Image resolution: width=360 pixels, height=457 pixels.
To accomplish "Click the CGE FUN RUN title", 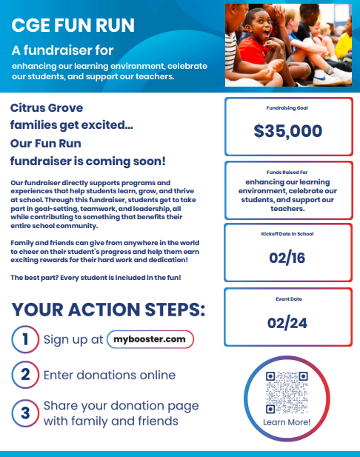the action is [73, 26].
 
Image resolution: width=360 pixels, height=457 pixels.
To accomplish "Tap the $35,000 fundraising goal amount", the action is [287, 131].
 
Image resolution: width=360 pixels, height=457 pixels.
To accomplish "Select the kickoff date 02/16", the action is [287, 258].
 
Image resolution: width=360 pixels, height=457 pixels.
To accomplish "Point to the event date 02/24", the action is [287, 322].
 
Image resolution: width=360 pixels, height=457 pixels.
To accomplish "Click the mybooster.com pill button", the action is [150, 339].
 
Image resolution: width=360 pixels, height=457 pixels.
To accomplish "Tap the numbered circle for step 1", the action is [24, 340].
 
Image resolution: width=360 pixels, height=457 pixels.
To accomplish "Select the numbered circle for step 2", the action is [24, 374].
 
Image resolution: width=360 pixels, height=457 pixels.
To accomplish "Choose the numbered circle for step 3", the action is [24, 413].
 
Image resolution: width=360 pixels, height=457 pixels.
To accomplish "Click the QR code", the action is [286, 392].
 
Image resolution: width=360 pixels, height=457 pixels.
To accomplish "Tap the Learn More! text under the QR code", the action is [286, 422].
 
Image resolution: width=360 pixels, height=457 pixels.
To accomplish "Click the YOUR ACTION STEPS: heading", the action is [108, 309].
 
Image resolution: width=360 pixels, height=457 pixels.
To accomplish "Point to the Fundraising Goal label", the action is [287, 108].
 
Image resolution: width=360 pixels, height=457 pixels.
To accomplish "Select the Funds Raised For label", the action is [287, 172].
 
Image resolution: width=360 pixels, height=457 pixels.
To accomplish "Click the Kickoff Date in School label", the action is [287, 234].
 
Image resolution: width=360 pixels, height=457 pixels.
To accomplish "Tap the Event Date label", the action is [287, 299].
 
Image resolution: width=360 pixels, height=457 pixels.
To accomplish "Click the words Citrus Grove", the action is [47, 107].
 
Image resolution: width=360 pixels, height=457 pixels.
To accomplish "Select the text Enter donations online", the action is [109, 375].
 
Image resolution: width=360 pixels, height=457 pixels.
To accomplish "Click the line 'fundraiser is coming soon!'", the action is [88, 161].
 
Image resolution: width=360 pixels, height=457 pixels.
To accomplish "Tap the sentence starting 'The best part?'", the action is [97, 277].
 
